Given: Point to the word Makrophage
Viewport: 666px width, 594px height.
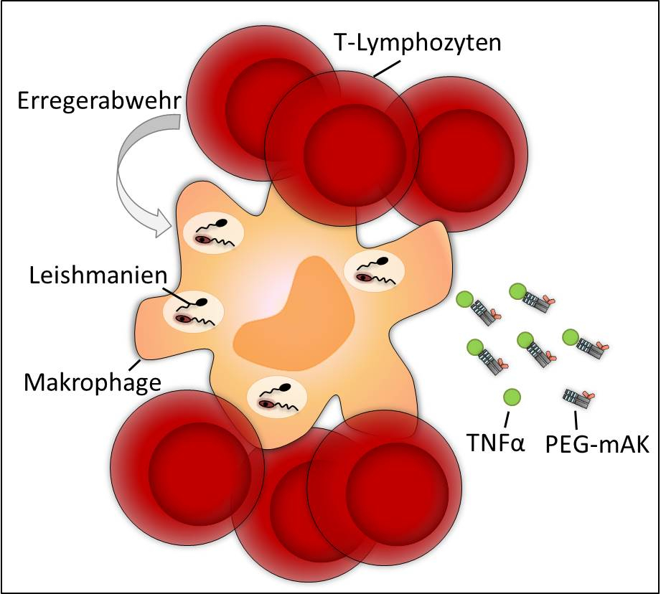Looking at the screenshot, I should click(91, 381).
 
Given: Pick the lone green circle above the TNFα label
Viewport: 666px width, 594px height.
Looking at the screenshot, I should click(512, 397).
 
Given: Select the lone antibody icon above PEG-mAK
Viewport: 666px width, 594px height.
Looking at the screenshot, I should click(580, 395).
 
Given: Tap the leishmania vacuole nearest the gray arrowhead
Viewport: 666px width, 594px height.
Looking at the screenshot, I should click(214, 232).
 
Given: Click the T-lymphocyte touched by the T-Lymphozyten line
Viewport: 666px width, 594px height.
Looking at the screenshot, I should click(341, 143).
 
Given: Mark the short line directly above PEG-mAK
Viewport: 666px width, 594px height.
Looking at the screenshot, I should click(576, 418).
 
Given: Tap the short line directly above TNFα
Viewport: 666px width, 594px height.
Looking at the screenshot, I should click(508, 418).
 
